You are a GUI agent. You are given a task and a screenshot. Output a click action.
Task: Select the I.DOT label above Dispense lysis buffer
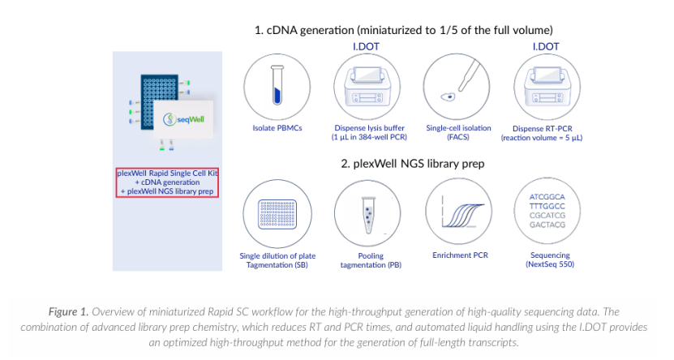point(369,47)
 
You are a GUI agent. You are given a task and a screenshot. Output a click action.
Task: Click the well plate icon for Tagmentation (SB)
point(277,213)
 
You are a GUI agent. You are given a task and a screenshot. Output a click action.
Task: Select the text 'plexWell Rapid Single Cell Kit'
point(168,173)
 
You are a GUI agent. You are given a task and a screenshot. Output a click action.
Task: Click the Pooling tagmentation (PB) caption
point(370,260)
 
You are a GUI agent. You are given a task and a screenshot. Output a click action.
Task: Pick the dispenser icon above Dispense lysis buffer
point(369,88)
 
